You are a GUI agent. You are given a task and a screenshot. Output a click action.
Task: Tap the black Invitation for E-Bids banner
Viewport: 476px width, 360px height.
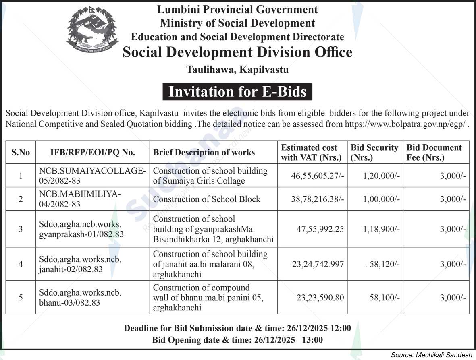pyautogui.click(x=237, y=92)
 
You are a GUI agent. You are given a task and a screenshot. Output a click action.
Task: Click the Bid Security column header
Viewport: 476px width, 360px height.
pyautogui.click(x=374, y=152)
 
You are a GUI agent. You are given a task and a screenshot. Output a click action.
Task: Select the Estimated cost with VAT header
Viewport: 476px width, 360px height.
pyautogui.click(x=311, y=152)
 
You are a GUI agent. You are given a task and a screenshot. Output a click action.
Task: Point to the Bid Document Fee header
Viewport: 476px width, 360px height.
pyautogui.click(x=434, y=152)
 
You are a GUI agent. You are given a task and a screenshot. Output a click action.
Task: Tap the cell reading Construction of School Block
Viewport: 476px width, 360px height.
pyautogui.click(x=207, y=199)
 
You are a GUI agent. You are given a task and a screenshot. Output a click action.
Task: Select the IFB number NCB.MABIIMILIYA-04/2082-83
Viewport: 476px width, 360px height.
pyautogui.click(x=80, y=199)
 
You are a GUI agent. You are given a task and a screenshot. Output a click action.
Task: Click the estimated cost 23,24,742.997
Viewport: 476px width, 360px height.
pyautogui.click(x=318, y=264)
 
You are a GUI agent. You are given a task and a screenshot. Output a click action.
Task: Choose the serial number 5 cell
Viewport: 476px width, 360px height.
pyautogui.click(x=21, y=298)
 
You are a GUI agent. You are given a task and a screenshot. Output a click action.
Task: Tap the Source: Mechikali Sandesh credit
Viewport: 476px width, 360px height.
pyautogui.click(x=431, y=355)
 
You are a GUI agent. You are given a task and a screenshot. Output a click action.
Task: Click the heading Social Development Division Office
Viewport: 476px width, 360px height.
pyautogui.click(x=237, y=52)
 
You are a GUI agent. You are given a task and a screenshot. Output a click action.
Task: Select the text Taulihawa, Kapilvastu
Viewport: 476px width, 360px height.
pyautogui.click(x=237, y=70)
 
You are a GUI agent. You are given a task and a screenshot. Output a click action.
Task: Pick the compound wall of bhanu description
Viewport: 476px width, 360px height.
pyautogui.click(x=208, y=298)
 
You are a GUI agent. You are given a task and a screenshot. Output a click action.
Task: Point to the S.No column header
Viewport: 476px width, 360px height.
pyautogui.click(x=21, y=152)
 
